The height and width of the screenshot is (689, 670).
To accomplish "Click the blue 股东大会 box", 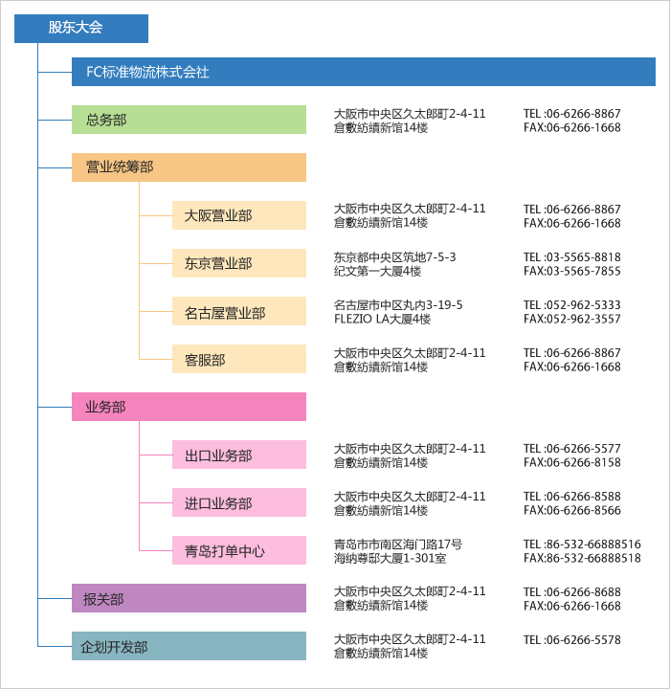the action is click(x=81, y=29).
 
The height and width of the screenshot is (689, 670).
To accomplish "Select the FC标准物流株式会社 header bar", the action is click(x=364, y=72).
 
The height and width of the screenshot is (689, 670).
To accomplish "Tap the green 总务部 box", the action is click(x=190, y=120).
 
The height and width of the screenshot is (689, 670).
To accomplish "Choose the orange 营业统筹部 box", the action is click(x=190, y=167).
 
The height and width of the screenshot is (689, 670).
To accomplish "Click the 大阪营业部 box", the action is click(x=239, y=215).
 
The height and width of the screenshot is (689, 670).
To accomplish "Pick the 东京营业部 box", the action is click(x=239, y=263).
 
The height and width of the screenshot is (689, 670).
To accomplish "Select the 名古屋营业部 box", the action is click(x=239, y=311).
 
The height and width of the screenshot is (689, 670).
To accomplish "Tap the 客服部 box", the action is click(x=239, y=359).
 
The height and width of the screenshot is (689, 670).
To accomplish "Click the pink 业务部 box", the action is click(x=190, y=407).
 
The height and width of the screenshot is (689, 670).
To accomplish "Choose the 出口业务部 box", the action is click(x=239, y=455).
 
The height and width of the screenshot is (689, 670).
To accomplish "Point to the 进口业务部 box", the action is click(x=239, y=502).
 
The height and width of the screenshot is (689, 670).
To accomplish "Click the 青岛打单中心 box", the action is click(x=239, y=550).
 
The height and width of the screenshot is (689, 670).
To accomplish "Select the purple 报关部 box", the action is click(x=190, y=598).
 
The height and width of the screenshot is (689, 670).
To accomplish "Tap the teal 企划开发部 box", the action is click(x=190, y=646).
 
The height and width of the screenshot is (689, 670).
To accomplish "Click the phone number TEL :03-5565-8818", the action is click(x=572, y=257).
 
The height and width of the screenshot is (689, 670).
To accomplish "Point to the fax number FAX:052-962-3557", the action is click(x=572, y=319).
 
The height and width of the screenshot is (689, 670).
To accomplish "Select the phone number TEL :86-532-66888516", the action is click(x=582, y=545).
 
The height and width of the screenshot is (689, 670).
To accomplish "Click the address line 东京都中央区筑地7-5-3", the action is click(x=394, y=257).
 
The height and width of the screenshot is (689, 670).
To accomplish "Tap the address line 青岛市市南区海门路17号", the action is click(x=398, y=545).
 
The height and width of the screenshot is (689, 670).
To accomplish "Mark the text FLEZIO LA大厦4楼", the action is click(x=382, y=319).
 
